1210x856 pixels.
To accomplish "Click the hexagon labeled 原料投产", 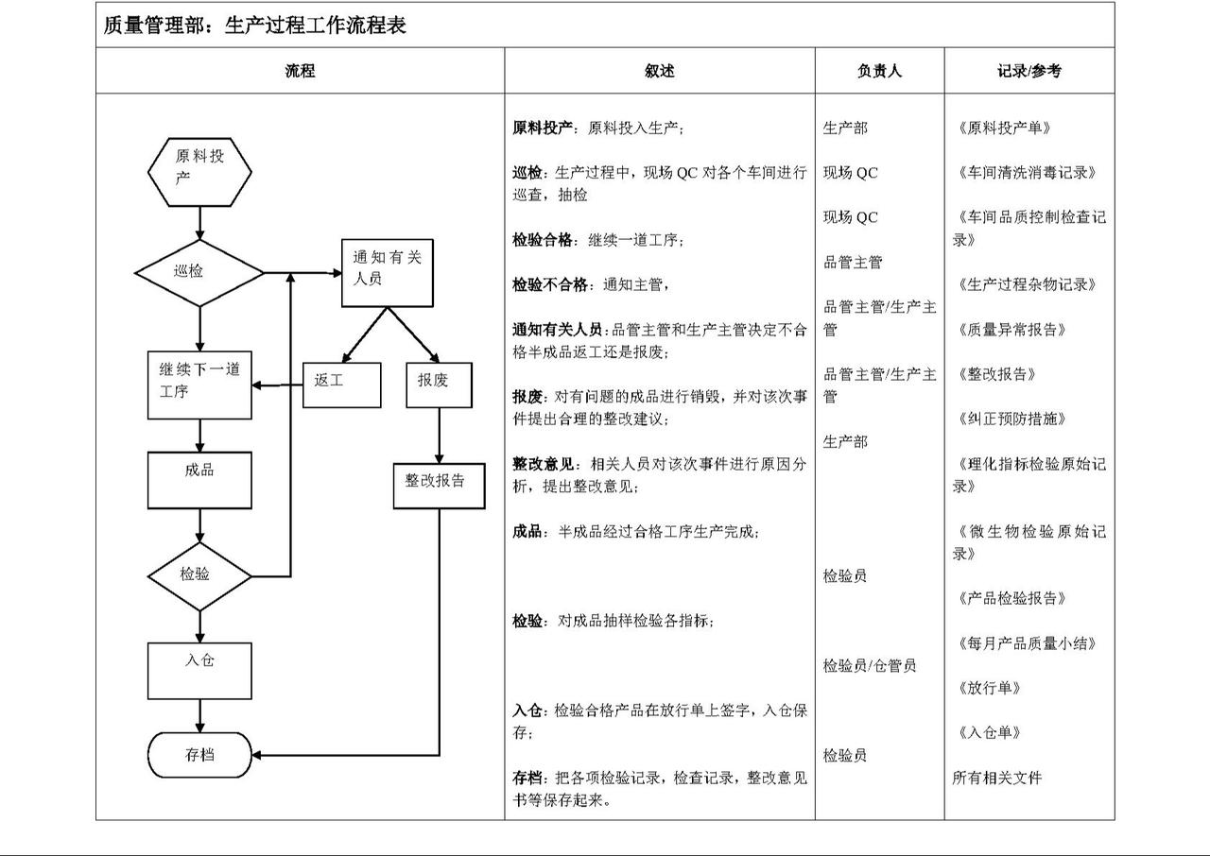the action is pos(199,172).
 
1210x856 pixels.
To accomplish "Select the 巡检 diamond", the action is pos(199,273).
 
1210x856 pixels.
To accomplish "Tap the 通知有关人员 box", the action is pos(388,273).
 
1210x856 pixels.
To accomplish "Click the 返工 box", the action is pos(342,385).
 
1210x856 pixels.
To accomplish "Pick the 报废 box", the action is pos(440,385).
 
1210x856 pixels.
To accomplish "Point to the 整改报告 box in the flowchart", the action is pos(440,486).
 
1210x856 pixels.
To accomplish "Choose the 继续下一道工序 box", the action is pos(199,385).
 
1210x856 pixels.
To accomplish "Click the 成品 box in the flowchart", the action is pos(199,480).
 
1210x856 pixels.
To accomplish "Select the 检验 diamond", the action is pos(199,576).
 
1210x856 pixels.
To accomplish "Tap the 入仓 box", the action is pos(199,671).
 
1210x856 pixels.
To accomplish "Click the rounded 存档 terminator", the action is pos(199,755).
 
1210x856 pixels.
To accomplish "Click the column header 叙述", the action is pos(660,71).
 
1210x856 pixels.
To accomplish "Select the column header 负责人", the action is pos(879,71).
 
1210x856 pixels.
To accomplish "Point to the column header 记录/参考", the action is pos(1029,71).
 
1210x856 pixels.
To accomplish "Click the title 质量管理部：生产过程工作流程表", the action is pos(254,25).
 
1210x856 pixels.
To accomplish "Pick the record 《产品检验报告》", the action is pos(1011,598).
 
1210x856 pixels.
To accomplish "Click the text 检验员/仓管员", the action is pos(869,665).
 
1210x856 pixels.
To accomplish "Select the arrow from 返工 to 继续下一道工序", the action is pos(277,385).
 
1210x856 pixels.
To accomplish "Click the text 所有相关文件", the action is pos(997,778).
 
